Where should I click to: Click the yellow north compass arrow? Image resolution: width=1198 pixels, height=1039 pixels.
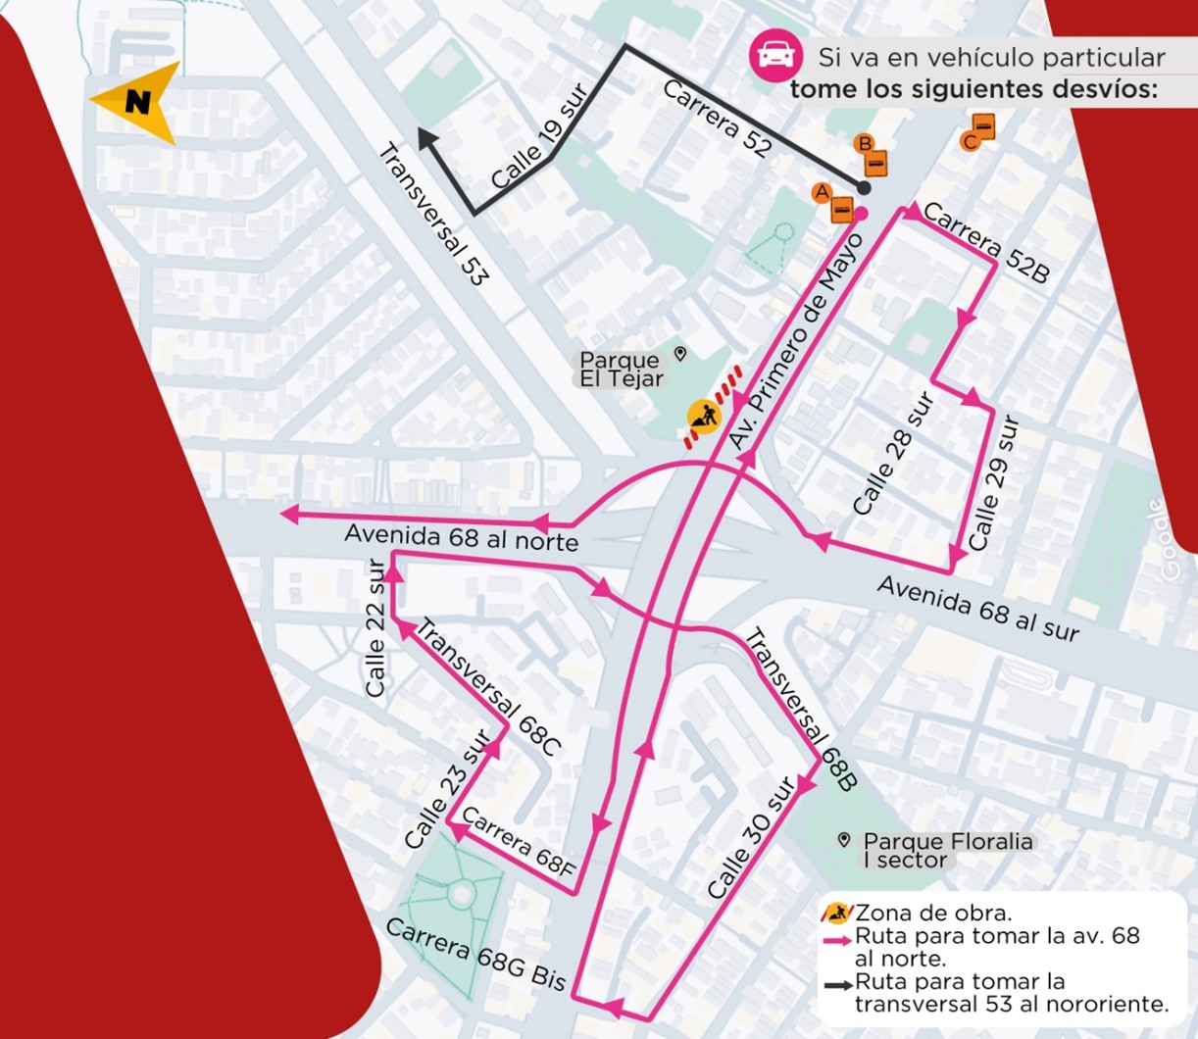tap(137, 101)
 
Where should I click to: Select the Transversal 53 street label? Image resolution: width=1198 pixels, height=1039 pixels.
tap(432, 215)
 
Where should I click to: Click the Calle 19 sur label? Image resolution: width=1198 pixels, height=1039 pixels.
tap(538, 137)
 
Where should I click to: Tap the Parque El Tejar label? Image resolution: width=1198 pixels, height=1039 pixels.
tap(622, 370)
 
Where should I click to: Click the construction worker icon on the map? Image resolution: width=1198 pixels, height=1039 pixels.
tap(703, 418)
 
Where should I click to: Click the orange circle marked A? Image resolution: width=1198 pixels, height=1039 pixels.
tap(822, 192)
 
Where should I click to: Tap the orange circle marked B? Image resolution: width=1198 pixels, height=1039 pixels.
tap(864, 143)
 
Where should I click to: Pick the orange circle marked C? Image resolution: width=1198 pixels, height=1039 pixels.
tap(970, 142)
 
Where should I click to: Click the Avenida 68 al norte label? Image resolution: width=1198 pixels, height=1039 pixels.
tap(461, 538)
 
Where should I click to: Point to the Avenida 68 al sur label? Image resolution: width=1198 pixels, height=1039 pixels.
tap(977, 609)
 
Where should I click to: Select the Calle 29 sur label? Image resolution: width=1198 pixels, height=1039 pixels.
tap(994, 483)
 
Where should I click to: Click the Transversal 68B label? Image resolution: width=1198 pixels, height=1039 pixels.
tap(801, 709)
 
